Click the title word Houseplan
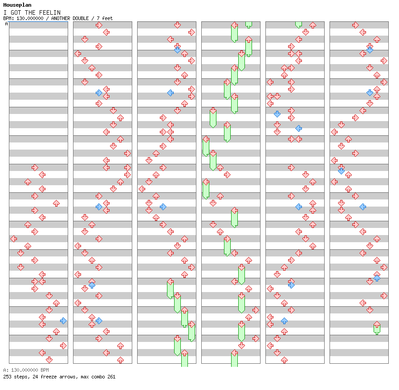click(x=17, y=5)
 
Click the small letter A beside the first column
click(x=6, y=24)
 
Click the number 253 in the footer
click(x=7, y=377)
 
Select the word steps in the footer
click(x=20, y=377)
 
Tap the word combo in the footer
click(x=97, y=377)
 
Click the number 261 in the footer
click(x=111, y=377)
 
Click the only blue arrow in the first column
click(x=63, y=321)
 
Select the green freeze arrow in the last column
click(x=377, y=328)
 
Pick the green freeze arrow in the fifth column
click(x=298, y=24)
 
